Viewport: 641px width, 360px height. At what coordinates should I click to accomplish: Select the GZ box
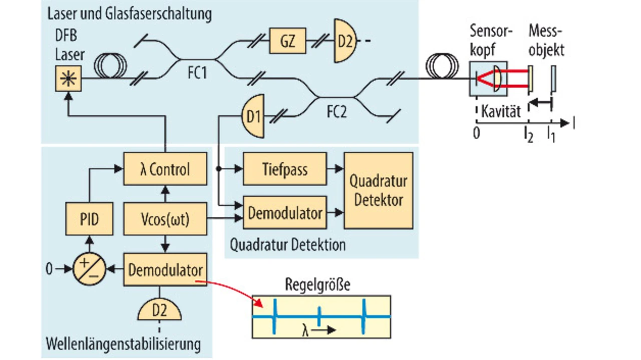click(x=287, y=41)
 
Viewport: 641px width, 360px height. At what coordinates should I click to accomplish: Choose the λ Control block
click(x=165, y=169)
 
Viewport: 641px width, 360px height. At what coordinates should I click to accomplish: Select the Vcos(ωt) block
click(x=165, y=219)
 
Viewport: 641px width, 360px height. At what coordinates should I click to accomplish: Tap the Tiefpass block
click(x=284, y=169)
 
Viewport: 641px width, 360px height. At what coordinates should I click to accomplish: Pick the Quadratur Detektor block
click(x=378, y=191)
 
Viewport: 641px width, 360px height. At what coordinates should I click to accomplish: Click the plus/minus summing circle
click(x=89, y=269)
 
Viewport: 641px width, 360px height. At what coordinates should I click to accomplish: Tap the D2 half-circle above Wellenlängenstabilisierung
click(x=160, y=310)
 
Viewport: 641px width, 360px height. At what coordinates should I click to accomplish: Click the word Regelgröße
click(x=317, y=284)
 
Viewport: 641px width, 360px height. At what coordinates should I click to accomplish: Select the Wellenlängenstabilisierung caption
click(x=123, y=344)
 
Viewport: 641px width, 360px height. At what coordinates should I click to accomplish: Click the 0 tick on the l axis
click(x=476, y=132)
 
